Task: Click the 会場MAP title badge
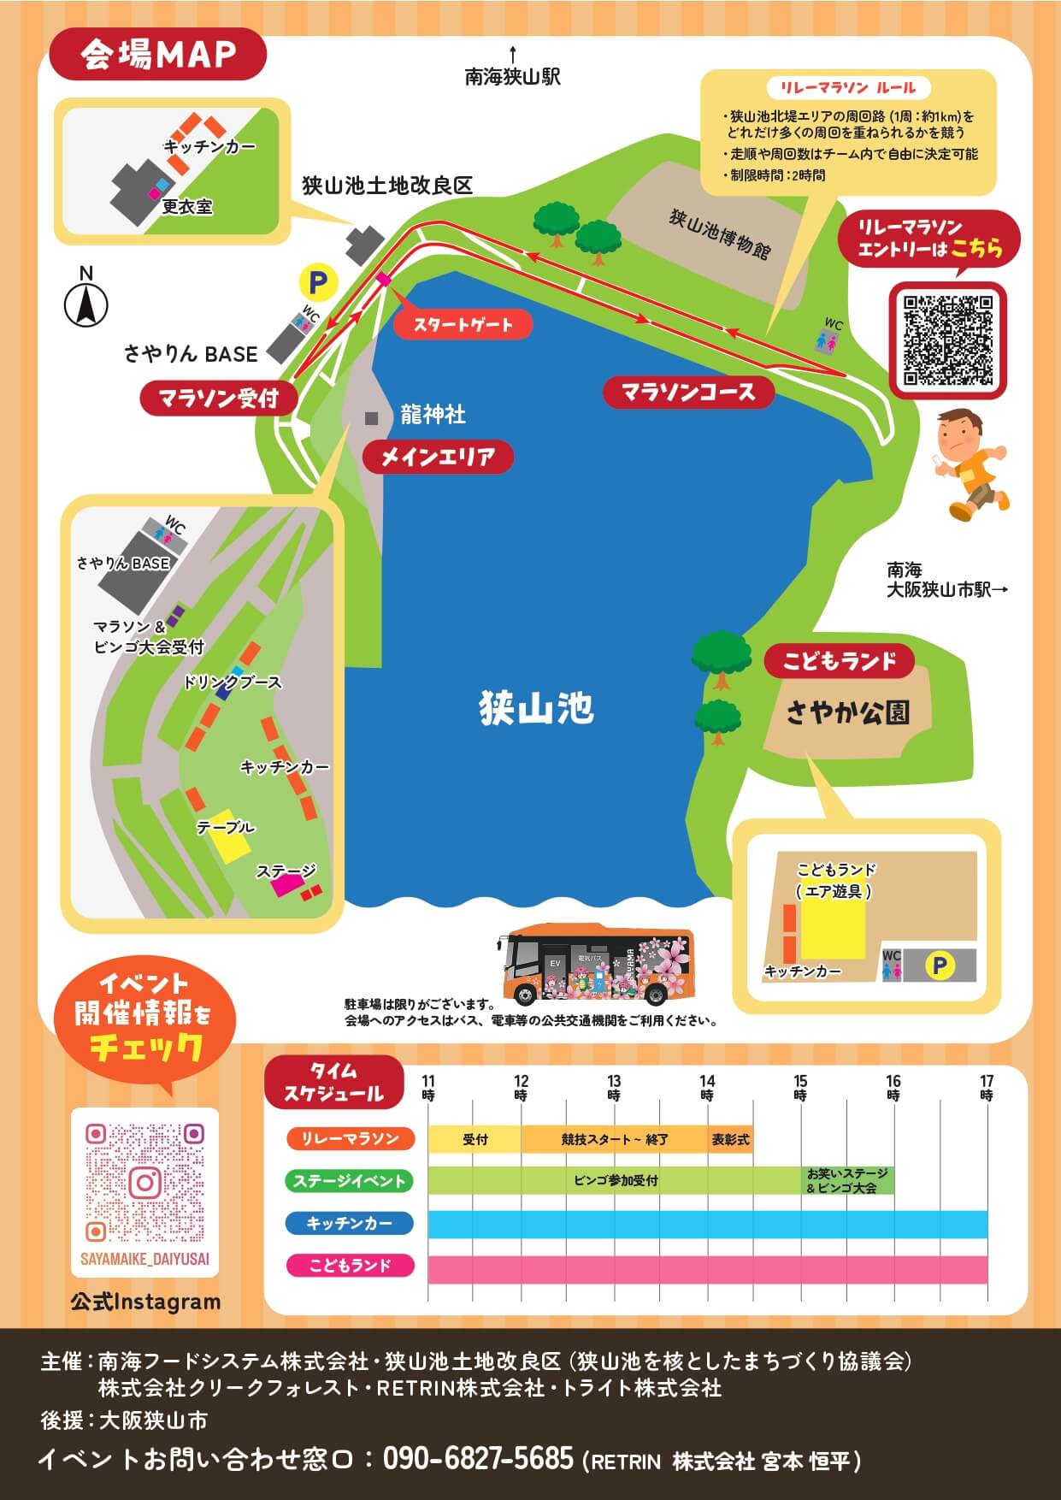click(158, 55)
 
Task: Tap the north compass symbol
click(86, 302)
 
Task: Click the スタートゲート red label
click(463, 325)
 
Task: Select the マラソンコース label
click(688, 393)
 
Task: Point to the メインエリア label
click(438, 458)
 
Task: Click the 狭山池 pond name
click(536, 708)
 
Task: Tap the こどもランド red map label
click(838, 661)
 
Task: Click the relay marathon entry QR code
click(948, 340)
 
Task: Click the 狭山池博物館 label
click(719, 233)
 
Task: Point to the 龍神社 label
click(433, 416)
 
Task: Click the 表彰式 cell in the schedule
click(730, 1139)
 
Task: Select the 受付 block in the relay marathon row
click(475, 1139)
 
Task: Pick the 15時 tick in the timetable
click(800, 1088)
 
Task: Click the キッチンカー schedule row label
click(349, 1223)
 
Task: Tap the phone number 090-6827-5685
click(478, 1457)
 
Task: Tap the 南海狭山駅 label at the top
click(512, 77)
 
